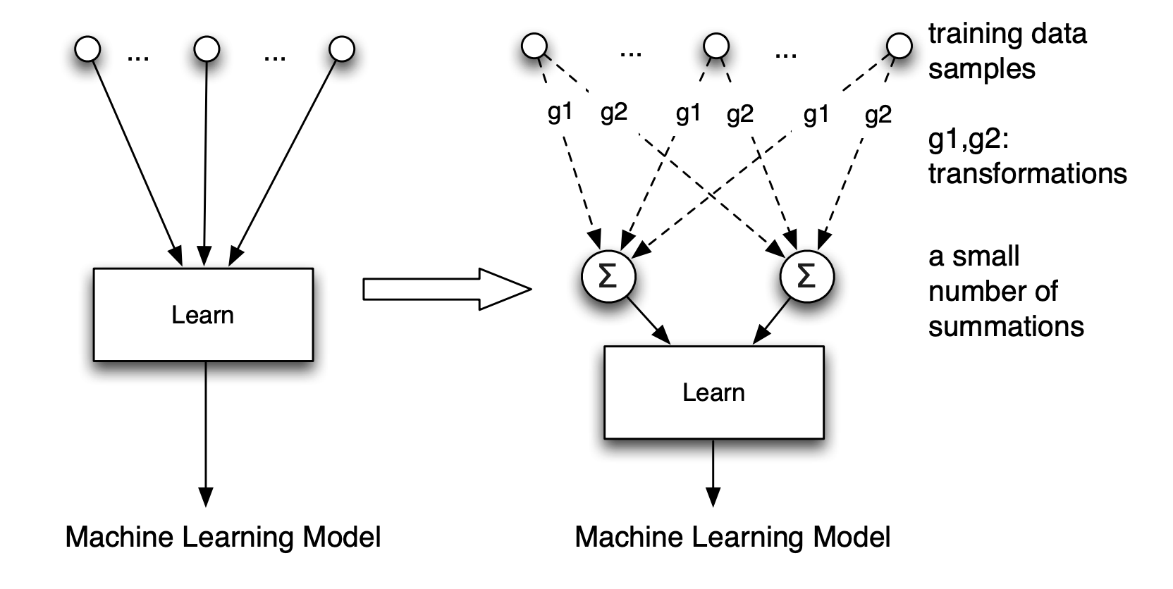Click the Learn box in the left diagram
tap(203, 314)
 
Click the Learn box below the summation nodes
tap(713, 392)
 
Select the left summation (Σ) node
tap(608, 276)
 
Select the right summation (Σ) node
tap(806, 276)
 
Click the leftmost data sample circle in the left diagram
tap(88, 49)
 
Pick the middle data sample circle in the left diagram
tap(207, 49)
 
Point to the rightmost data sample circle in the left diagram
tap(342, 49)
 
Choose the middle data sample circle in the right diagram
tap(716, 47)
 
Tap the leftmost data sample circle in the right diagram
tap(534, 47)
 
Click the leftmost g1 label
tap(560, 113)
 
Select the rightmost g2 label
tap(878, 114)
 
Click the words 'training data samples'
tap(1007, 51)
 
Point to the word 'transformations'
tap(1027, 173)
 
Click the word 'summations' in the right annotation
tap(1005, 326)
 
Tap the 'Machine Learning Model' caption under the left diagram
tap(223, 537)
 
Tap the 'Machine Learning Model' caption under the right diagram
tap(732, 537)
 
